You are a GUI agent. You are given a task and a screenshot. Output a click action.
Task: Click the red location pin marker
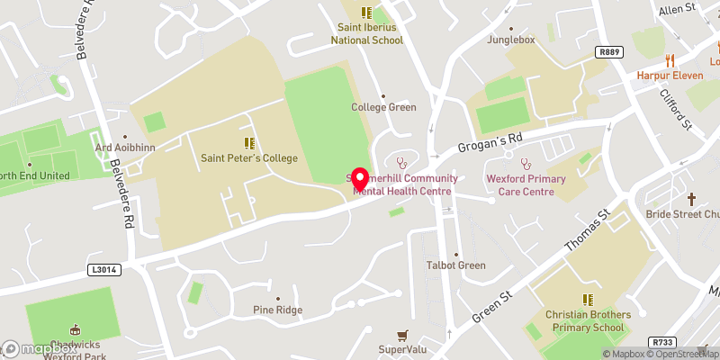click(x=360, y=179)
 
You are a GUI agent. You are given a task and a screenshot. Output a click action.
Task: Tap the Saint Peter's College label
click(x=247, y=158)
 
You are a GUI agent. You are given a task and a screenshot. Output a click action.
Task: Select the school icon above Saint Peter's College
click(x=248, y=143)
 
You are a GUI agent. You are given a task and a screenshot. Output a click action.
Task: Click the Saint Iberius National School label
click(x=365, y=33)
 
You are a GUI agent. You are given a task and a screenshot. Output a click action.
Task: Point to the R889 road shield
click(x=609, y=54)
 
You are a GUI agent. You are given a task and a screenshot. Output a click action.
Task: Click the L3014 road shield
click(x=104, y=269)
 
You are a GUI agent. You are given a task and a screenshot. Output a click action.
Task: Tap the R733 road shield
click(x=663, y=341)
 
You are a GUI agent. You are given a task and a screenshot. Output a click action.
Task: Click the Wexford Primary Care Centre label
click(x=526, y=184)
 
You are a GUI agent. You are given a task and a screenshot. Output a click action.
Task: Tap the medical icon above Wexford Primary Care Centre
click(x=526, y=164)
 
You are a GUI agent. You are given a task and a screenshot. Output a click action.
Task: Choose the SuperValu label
click(x=401, y=348)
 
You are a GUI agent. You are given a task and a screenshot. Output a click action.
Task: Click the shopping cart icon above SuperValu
click(x=401, y=334)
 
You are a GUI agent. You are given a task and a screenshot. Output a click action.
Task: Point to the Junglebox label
click(x=510, y=40)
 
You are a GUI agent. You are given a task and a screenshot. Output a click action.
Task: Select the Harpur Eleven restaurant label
click(x=670, y=75)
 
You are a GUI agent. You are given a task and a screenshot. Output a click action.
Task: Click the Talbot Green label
click(x=455, y=265)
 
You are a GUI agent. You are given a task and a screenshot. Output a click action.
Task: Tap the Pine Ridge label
click(x=277, y=310)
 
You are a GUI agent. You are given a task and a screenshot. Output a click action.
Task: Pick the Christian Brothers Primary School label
click(x=588, y=320)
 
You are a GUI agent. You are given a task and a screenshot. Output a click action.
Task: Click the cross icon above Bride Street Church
click(x=692, y=198)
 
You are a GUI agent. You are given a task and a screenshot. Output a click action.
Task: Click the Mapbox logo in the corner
click(x=36, y=348)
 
